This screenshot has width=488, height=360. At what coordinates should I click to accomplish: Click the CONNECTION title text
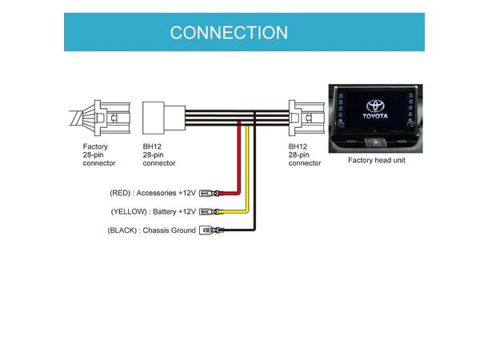229,33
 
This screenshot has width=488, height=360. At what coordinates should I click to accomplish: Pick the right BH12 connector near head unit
304,118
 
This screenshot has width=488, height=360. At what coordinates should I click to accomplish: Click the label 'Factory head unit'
376,160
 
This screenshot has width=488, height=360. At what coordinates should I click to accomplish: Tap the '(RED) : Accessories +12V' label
153,193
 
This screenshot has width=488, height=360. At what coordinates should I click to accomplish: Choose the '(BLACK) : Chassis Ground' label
151,230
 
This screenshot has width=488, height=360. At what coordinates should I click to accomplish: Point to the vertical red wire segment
238,156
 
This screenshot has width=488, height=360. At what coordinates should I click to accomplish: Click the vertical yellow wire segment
247,164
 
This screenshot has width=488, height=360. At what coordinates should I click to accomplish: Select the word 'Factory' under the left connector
95,147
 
